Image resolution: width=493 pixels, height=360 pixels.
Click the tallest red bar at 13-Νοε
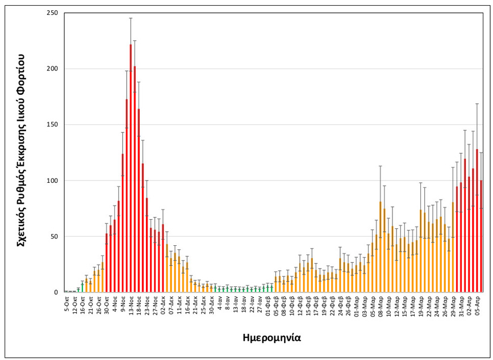pyautogui.click(x=131, y=170)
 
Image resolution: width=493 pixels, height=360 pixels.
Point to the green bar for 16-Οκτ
pyautogui.click(x=82, y=287)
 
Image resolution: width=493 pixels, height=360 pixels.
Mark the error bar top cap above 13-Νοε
pyautogui.click(x=131, y=18)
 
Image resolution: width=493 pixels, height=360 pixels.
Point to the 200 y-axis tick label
pyautogui.click(x=53, y=69)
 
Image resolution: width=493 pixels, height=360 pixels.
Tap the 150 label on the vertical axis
pyautogui.click(x=53, y=125)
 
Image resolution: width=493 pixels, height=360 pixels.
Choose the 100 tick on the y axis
pyautogui.click(x=53, y=181)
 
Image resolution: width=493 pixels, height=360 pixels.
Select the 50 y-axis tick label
pyautogui.click(x=55, y=237)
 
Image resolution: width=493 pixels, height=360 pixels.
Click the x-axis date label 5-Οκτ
pyautogui.click(x=67, y=303)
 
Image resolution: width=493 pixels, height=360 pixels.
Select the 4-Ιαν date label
pyautogui.click(x=220, y=303)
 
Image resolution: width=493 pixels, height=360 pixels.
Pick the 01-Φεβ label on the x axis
pyautogui.click(x=268, y=304)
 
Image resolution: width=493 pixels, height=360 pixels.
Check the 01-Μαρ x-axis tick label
pyautogui.click(x=356, y=304)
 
